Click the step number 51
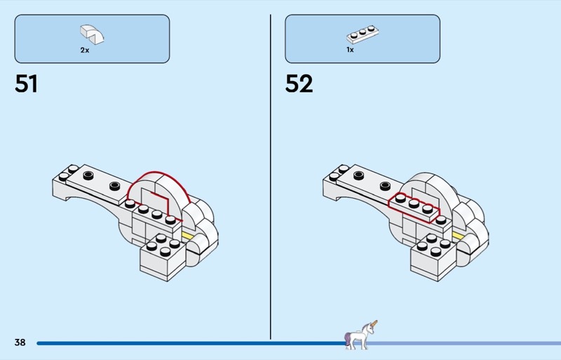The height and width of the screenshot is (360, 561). (x=26, y=84)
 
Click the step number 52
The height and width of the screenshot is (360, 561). (x=299, y=84)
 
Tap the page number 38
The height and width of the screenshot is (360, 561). (x=20, y=342)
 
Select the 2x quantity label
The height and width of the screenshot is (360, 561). (x=85, y=51)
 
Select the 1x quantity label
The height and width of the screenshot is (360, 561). (x=350, y=51)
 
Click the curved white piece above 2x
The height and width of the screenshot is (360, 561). (x=92, y=32)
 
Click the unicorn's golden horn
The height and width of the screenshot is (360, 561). (x=374, y=324)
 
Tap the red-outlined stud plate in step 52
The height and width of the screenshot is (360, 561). (x=414, y=205)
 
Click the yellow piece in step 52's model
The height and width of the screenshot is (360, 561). (x=459, y=234)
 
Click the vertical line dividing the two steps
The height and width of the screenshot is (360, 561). (x=271, y=175)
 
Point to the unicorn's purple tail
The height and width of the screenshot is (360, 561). (x=349, y=340)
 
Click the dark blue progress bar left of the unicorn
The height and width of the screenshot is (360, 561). (x=189, y=343)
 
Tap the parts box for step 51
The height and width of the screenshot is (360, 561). (x=92, y=39)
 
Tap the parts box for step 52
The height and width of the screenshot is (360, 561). (x=362, y=39)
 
